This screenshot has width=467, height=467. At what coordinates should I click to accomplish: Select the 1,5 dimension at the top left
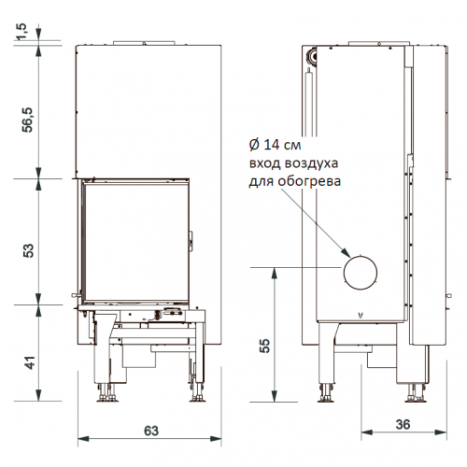click(20, 34)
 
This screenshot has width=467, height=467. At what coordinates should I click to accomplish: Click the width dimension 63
click(149, 431)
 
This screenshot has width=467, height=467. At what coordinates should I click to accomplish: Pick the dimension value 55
click(263, 345)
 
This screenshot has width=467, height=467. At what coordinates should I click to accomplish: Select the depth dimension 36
click(403, 425)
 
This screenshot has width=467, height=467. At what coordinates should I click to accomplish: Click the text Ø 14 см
click(276, 145)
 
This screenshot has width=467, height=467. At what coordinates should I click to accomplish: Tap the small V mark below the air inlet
click(359, 315)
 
